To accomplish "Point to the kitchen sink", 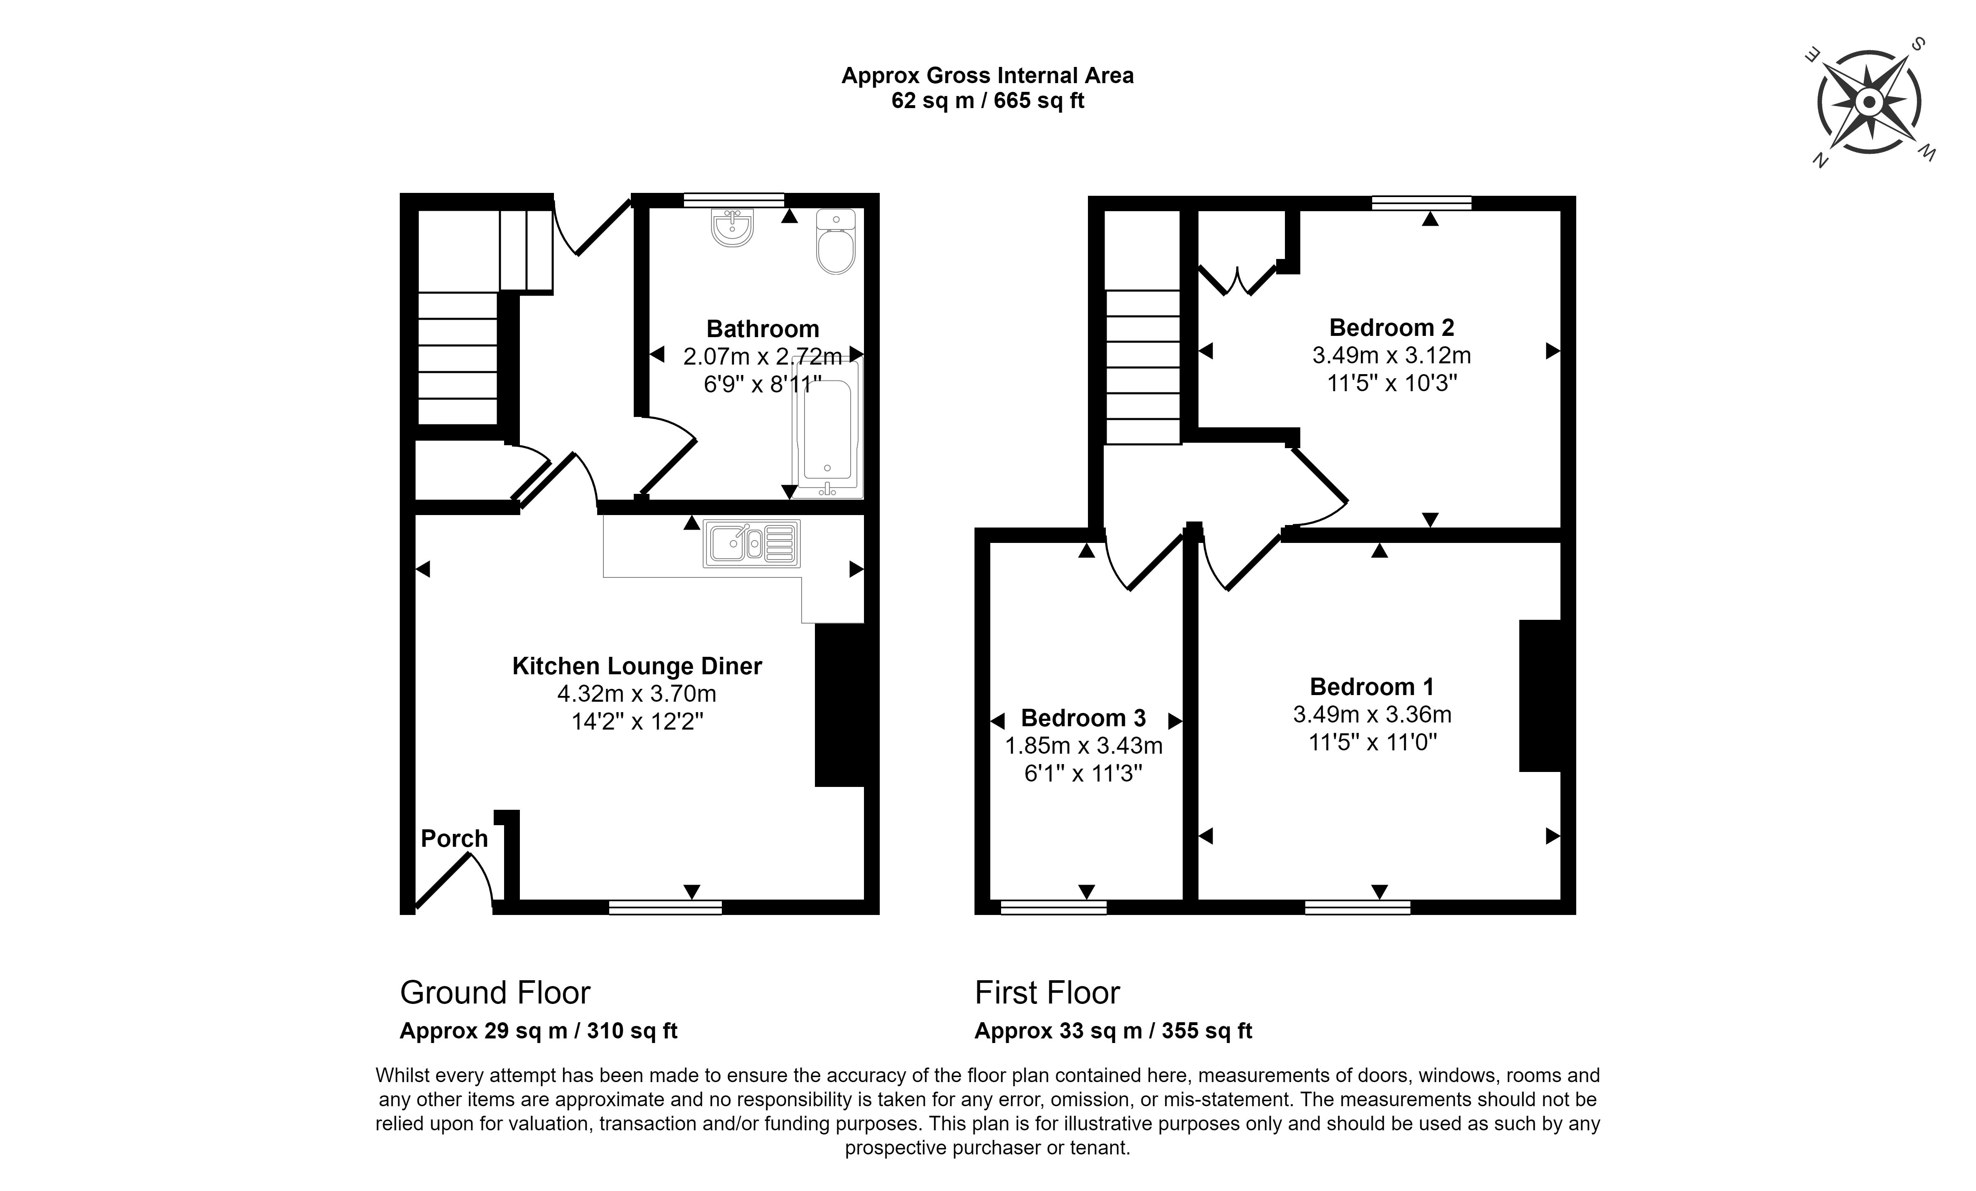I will point(751,544).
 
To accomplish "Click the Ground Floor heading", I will point(495,993).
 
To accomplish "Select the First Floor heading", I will point(1046,993).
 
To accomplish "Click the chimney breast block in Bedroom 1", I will point(1540,695).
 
